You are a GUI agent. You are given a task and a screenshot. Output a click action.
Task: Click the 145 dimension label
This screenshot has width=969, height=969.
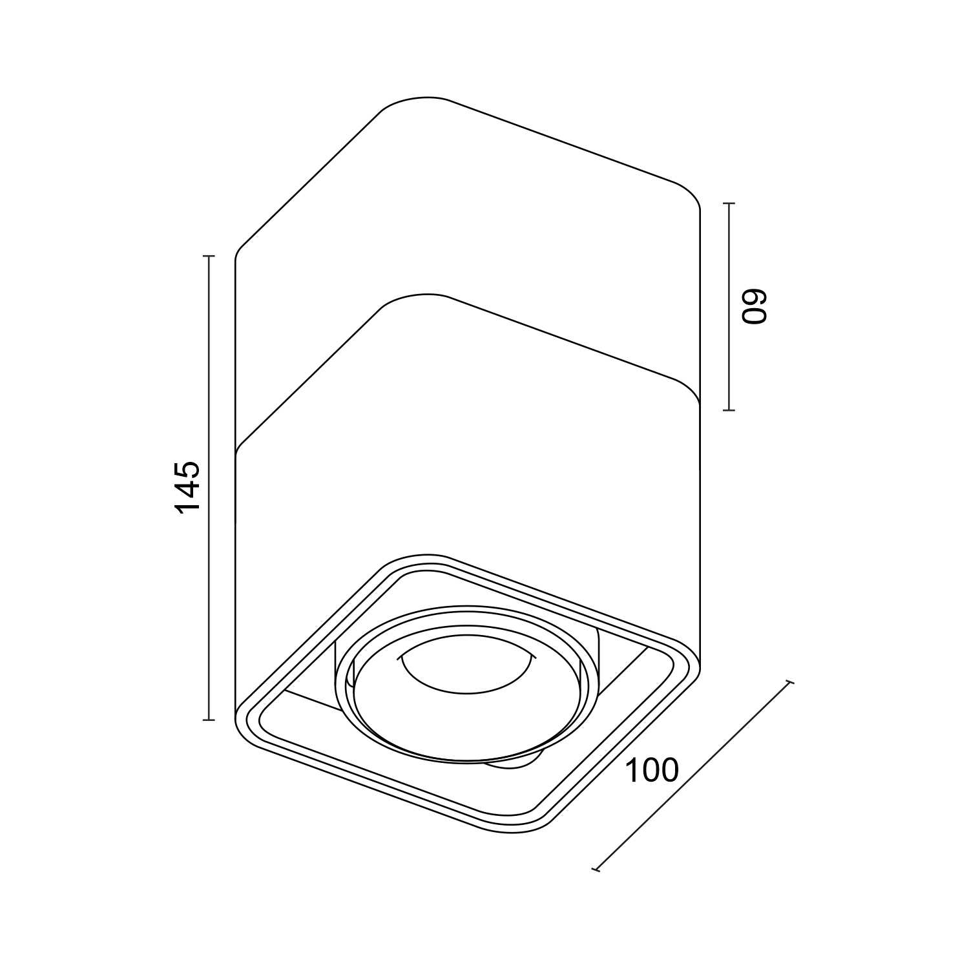[x=189, y=486]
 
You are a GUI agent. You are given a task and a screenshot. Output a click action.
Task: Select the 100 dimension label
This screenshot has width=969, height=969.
[x=652, y=770]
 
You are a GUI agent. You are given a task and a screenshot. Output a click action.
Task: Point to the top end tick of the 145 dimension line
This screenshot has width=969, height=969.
[x=208, y=256]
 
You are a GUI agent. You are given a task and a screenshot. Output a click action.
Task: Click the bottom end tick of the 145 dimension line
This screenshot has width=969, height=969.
[x=208, y=719]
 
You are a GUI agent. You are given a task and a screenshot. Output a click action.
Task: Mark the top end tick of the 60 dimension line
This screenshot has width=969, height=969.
[x=729, y=203]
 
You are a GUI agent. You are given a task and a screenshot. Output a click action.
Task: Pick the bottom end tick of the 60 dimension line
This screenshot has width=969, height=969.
[x=729, y=410]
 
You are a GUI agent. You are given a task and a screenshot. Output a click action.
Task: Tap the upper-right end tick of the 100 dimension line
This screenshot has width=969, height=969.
[x=789, y=683]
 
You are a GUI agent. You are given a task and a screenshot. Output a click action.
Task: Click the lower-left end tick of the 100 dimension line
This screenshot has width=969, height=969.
[x=596, y=870]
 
